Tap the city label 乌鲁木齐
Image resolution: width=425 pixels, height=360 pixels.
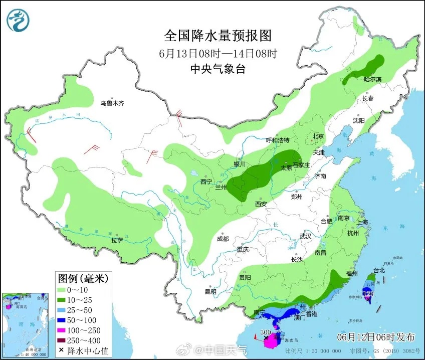point(111,103)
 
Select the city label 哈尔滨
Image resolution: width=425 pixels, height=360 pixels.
point(372,79)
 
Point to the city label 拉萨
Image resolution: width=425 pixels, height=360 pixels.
point(117,240)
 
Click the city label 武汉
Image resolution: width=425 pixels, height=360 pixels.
point(305,236)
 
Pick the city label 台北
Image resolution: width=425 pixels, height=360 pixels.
point(379,270)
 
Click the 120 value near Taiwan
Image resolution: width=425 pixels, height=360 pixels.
point(368,293)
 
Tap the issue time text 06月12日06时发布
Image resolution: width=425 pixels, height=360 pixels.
point(379,335)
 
